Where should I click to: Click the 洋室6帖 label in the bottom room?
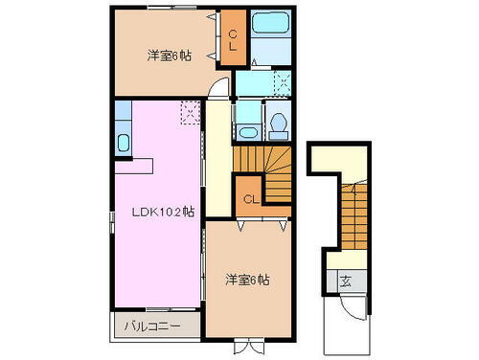[247, 280]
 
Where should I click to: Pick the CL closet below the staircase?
[248, 198]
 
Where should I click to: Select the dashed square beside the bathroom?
[281, 83]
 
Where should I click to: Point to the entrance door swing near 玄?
[354, 304]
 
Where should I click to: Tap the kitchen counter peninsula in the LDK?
[134, 166]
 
